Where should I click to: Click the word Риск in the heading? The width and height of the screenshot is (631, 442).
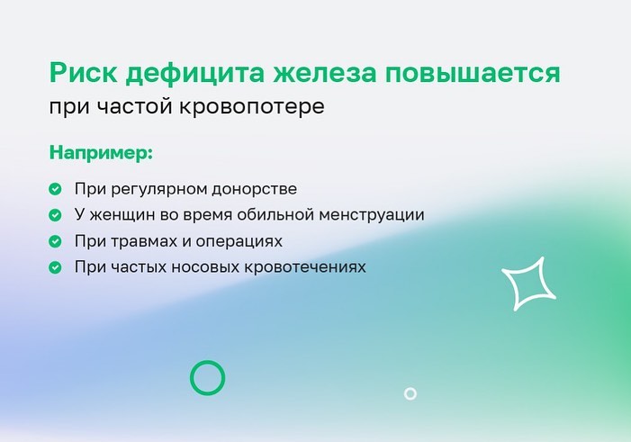pos(84,73)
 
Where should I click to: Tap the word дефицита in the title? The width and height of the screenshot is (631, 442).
pos(194,73)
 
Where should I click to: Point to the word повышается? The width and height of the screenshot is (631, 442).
pos(473,73)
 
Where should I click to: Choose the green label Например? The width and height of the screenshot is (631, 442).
pos(101,153)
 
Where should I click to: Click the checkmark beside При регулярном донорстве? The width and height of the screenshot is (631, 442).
pos(55,189)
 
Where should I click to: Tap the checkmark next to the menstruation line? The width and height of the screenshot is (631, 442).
pos(55,215)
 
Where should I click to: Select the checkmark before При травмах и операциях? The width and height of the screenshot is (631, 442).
pos(55,241)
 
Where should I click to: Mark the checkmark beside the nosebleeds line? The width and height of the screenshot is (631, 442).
pos(55,267)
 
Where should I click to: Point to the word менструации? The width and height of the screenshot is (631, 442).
pos(372,214)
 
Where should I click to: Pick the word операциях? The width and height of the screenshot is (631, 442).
pos(239,241)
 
